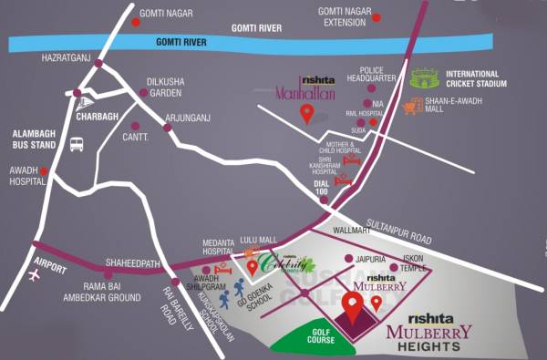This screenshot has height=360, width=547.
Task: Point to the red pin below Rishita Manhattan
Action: pyautogui.click(x=307, y=114)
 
